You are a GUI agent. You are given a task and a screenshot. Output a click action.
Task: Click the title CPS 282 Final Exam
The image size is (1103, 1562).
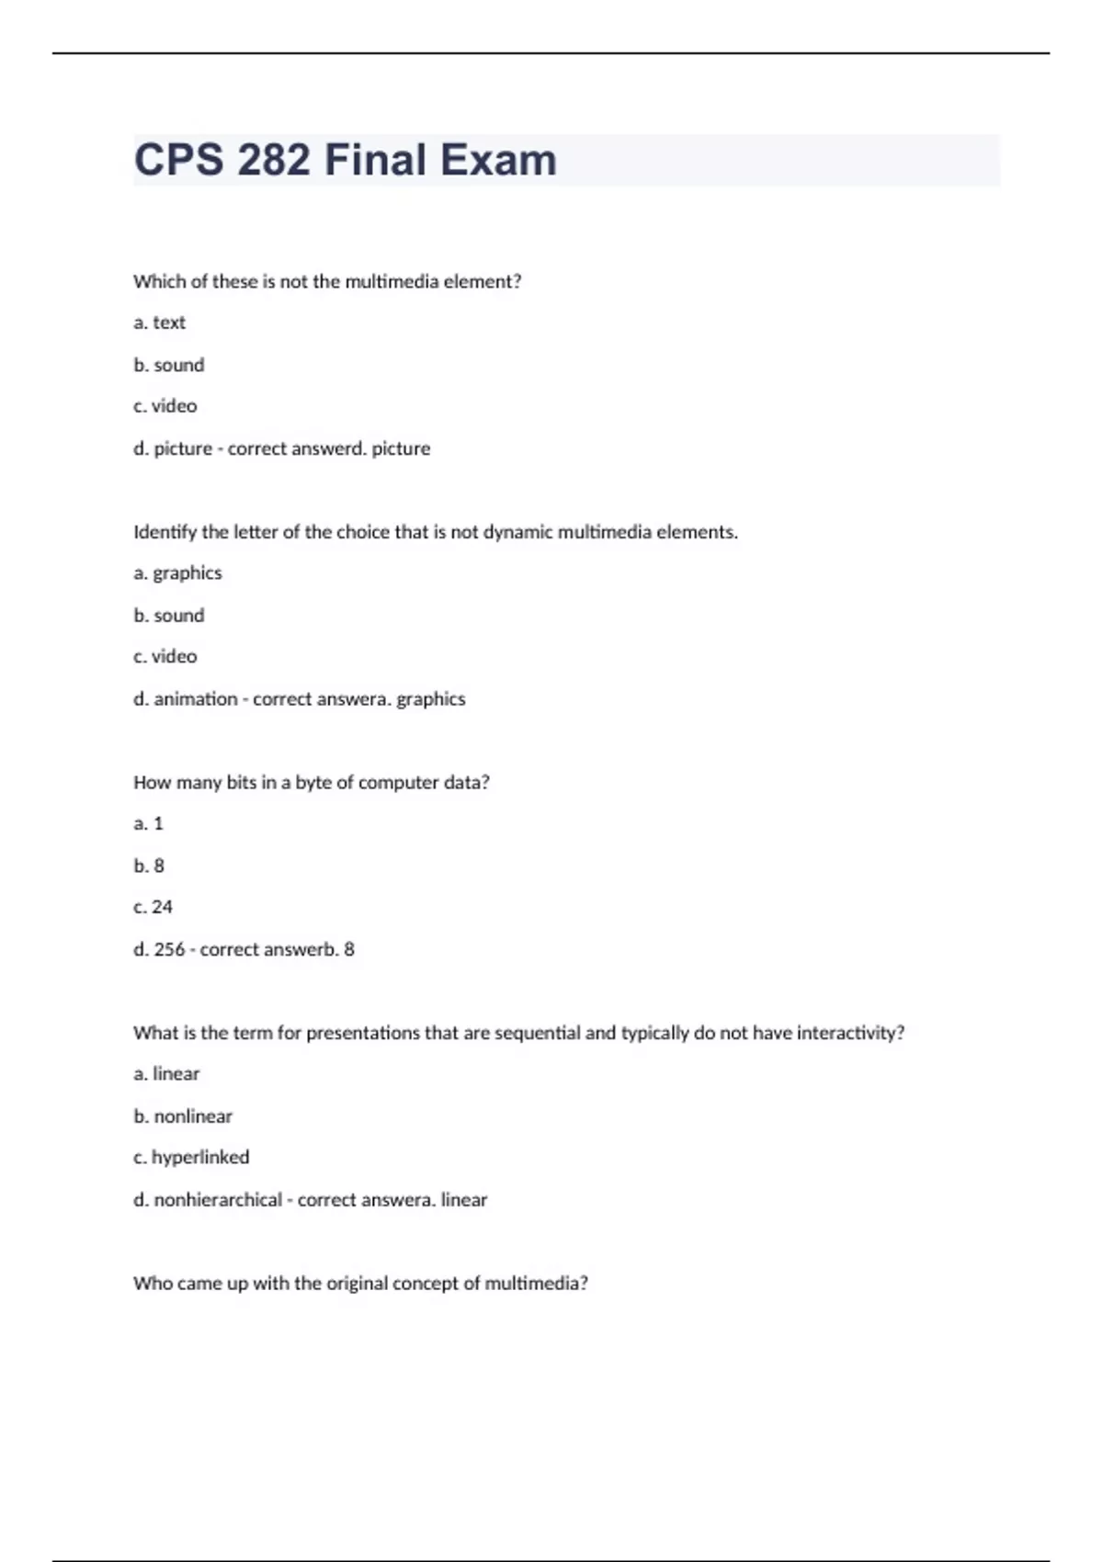point(345,160)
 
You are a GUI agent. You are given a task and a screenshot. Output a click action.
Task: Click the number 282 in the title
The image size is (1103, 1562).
point(274,160)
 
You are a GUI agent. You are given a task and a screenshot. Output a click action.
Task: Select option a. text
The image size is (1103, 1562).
point(159,323)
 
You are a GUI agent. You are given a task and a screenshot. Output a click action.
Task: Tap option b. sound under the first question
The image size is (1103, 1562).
point(169,365)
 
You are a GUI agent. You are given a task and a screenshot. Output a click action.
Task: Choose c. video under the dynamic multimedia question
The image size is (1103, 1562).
point(165,656)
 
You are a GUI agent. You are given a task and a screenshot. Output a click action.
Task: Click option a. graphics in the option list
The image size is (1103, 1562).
point(177,572)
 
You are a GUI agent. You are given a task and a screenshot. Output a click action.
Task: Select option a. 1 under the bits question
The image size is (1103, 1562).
point(148,823)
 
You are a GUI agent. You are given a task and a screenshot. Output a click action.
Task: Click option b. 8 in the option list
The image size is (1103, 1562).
point(149,866)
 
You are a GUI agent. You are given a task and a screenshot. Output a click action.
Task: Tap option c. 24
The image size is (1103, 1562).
point(153,907)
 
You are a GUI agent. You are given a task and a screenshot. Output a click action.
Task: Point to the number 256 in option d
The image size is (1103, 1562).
point(169,949)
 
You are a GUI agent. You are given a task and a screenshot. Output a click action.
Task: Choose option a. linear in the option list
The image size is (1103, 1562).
point(166,1073)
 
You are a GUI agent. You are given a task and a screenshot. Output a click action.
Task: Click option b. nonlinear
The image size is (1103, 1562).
point(183,1116)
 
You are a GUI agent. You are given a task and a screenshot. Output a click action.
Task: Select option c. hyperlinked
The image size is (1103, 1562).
point(191,1157)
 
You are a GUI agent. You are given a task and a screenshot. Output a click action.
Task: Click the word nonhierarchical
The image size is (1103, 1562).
point(218,1199)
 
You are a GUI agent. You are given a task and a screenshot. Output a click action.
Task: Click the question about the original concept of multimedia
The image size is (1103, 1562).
point(360,1283)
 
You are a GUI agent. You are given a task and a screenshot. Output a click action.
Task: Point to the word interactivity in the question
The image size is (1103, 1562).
point(849,1033)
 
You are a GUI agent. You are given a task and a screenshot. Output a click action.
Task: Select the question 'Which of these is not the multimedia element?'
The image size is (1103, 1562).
point(327,281)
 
